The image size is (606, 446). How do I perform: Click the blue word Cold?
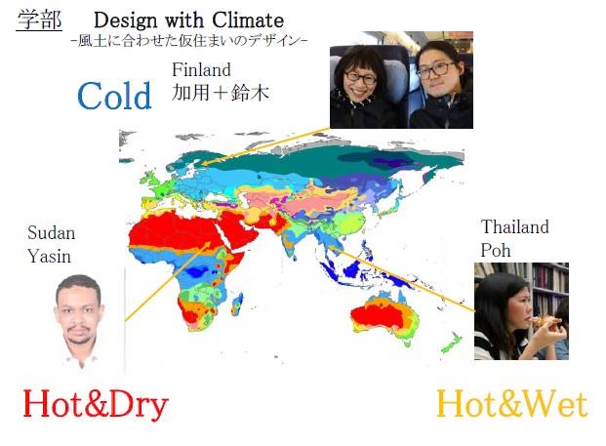click(x=114, y=96)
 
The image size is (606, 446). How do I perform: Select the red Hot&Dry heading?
click(x=96, y=405)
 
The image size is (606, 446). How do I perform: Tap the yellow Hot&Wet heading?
click(x=512, y=404)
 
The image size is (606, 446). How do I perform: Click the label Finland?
click(x=201, y=69)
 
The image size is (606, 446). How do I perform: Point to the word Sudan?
click(x=52, y=233)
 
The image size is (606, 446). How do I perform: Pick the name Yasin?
click(x=49, y=257)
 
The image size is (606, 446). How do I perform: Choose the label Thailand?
click(x=515, y=226)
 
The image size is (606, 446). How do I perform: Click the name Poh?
click(x=496, y=250)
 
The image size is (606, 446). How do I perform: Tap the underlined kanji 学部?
click(x=39, y=20)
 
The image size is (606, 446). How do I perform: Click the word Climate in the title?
click(x=248, y=20)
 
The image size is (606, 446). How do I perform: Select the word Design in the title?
click(x=126, y=20)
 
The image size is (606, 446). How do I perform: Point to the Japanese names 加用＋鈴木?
click(x=221, y=93)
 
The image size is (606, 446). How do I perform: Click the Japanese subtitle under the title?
click(x=189, y=41)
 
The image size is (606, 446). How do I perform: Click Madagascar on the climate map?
click(x=237, y=304)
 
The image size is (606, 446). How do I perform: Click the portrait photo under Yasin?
click(x=80, y=320)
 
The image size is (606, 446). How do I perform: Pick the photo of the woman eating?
click(x=521, y=311)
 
